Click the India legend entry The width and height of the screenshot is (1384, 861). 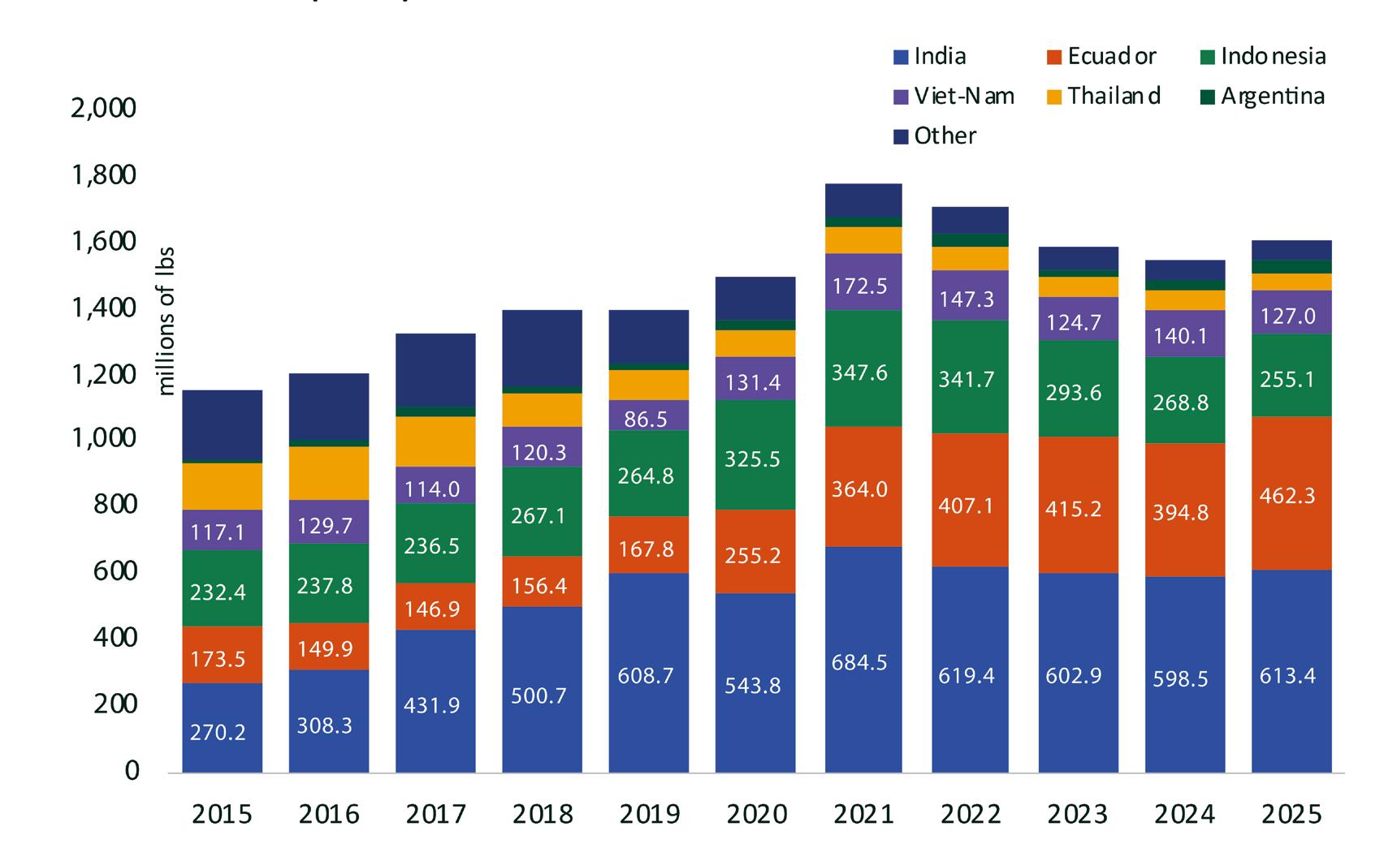click(x=930, y=56)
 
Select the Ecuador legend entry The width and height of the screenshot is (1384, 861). click(x=1101, y=56)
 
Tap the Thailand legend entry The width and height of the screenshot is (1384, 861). click(x=1104, y=96)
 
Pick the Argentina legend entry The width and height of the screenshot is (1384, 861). click(x=1262, y=96)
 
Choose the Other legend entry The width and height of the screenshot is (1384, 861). click(x=935, y=136)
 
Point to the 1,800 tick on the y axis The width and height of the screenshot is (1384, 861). click(x=104, y=174)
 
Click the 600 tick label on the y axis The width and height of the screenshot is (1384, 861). click(x=116, y=570)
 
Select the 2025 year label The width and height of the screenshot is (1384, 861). click(x=1291, y=814)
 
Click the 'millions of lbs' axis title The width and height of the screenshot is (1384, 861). click(x=167, y=321)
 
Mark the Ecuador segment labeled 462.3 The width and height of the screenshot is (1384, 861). click(x=1291, y=494)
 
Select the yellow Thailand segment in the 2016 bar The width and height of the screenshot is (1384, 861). click(x=329, y=472)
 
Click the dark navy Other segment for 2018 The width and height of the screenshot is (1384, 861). click(x=542, y=349)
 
